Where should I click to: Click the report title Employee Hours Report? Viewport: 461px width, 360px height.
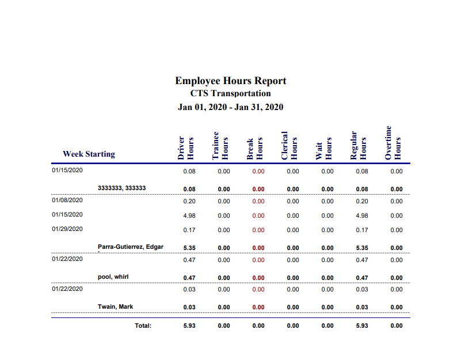point(230,81)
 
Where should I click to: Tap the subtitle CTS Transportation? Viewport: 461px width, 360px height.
point(230,93)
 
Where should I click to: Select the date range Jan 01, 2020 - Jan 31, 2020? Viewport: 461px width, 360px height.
point(230,107)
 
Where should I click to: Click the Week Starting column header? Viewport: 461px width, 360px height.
point(89,154)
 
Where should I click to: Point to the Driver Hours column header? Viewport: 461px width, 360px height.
point(186,148)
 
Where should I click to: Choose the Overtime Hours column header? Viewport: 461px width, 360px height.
point(393,143)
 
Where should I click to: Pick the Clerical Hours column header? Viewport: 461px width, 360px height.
point(289,145)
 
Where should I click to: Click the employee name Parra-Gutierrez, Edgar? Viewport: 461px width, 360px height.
point(131,247)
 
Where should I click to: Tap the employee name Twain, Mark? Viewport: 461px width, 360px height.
point(115,307)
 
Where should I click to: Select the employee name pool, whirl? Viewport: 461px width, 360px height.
point(113,277)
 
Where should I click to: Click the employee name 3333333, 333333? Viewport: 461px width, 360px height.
point(121,188)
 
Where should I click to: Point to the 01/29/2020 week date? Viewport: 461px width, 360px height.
point(67,229)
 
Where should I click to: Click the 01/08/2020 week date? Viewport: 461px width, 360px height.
point(67,200)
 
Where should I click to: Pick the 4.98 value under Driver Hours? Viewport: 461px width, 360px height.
point(189,216)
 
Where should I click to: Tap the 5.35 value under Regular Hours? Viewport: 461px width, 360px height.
point(362,248)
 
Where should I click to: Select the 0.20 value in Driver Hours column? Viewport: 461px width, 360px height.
point(189,202)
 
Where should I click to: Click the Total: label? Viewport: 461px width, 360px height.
point(143,326)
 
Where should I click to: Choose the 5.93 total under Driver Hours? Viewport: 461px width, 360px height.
point(189,326)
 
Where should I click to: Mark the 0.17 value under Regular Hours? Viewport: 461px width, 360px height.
point(362,230)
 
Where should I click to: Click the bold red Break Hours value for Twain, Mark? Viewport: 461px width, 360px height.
point(258,308)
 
